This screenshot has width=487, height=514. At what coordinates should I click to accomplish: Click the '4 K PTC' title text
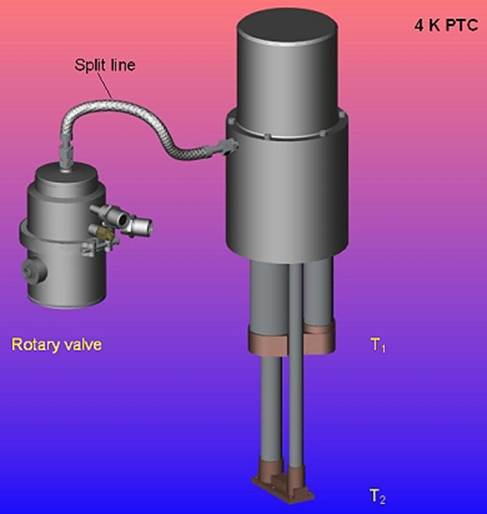click(446, 25)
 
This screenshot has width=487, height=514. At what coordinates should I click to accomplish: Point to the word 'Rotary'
click(36, 345)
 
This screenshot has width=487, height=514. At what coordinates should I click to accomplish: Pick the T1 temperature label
click(378, 345)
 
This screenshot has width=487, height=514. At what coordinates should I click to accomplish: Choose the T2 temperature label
click(378, 496)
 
